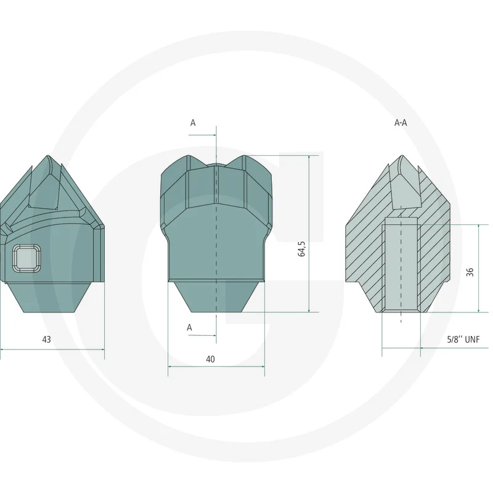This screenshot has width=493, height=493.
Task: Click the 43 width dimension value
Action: click(47, 340)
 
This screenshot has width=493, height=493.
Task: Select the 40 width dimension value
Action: click(210, 359)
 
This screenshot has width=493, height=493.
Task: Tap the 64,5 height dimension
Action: click(301, 249)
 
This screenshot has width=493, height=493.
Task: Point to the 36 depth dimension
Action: click(470, 272)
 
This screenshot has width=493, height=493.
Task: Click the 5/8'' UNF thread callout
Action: click(463, 340)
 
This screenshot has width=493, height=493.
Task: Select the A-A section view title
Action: click(401, 123)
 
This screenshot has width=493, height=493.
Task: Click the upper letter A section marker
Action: click(193, 123)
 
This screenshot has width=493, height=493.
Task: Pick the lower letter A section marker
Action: click(189, 328)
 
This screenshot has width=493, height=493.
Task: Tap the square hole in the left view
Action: click(26, 258)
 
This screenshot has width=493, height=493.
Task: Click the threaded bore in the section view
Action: click(401, 267)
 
